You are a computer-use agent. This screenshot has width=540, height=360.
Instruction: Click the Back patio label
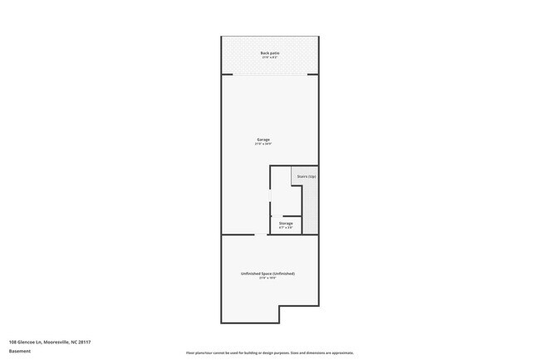pos(269,52)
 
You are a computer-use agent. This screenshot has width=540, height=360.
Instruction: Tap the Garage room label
pos(263,139)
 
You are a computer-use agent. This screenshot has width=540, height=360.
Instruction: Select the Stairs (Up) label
pos(307,176)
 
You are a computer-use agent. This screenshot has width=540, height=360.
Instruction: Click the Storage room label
pos(286,223)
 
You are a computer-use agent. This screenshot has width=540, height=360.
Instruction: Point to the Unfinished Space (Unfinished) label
pos(268,274)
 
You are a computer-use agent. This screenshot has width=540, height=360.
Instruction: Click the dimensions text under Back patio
pos(269,57)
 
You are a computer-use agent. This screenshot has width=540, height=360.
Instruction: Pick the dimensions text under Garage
pos(263,144)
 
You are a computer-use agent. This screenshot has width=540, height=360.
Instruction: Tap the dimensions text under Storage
pos(286,228)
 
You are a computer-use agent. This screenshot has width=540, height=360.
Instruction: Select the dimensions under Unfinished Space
pos(268,279)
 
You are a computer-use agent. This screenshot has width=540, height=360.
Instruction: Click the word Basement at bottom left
pos(20,351)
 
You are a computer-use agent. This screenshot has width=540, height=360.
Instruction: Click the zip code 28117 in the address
pos(84,342)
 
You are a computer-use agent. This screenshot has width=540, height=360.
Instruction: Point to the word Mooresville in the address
pos(56,342)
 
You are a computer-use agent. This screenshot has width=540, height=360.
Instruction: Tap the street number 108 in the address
pos(12,342)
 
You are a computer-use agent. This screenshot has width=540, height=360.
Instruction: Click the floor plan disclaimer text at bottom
pos(270,353)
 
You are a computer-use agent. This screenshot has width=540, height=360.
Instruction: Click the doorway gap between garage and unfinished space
pos(261,235)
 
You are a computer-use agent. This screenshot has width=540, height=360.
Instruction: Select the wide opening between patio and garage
pos(269,74)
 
